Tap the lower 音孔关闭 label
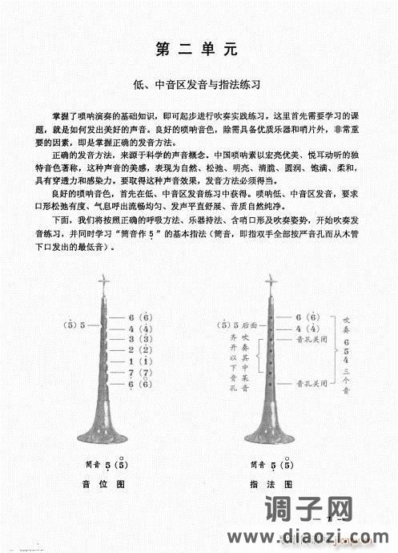312,384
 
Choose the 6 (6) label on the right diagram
308,317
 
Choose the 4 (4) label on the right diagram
308,329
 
